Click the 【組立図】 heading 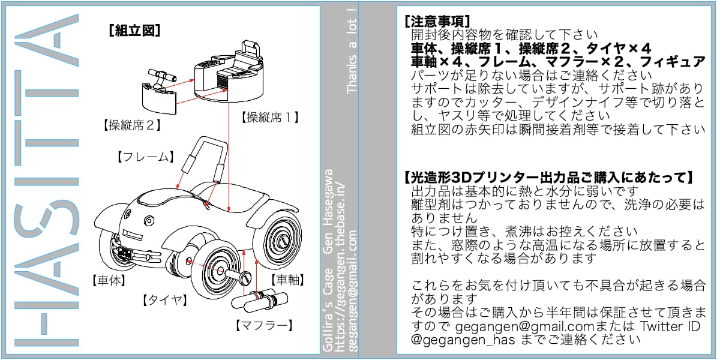click(x=134, y=31)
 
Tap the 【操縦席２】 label click(x=134, y=125)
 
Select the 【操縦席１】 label click(x=269, y=117)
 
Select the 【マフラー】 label click(x=264, y=326)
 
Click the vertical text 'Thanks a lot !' click(x=352, y=51)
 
